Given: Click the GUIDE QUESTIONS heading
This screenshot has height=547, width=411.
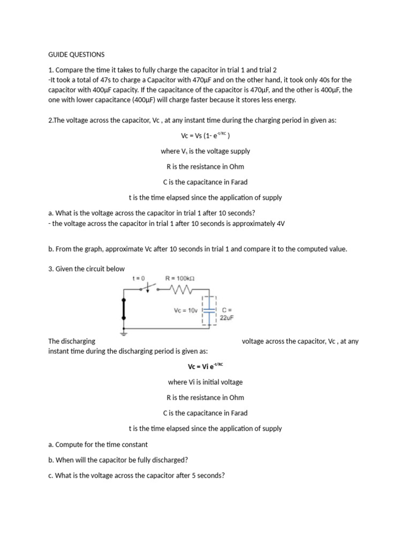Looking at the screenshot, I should tap(77, 54).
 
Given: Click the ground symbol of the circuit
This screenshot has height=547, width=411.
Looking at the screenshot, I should tap(124, 332).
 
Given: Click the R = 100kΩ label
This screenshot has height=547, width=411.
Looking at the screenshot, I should tap(180, 278).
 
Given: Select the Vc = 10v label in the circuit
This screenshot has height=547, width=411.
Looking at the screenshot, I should tap(186, 310).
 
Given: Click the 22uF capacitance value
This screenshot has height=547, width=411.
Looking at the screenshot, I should tap(227, 318).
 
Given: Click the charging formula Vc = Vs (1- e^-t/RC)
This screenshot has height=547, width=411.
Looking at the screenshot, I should tap(205, 136).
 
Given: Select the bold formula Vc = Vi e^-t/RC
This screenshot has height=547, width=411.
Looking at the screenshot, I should tap(205, 366).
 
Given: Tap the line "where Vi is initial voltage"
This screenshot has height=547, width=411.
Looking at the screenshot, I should tap(205, 382).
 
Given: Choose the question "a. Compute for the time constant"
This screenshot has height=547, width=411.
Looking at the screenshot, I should tap(98, 444).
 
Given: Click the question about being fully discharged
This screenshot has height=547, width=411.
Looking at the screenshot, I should tap(118, 459).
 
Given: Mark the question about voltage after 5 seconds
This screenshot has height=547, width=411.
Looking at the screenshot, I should tap(136, 475).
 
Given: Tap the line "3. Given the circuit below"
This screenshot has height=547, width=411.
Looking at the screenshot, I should tap(86, 269).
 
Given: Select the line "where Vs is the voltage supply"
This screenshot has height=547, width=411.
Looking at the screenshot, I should tap(205, 151).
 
